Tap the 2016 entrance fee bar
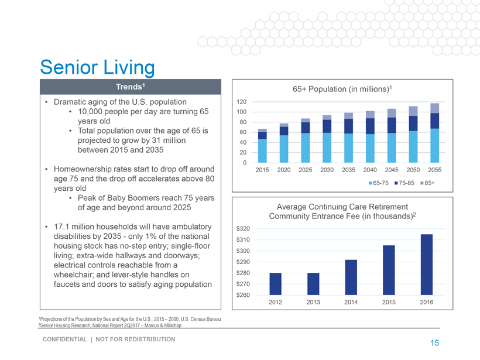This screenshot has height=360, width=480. click(427, 264)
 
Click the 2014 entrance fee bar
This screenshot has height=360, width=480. click(351, 277)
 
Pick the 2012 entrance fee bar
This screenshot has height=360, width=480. click(275, 283)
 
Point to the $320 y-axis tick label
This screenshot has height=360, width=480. click(244, 228)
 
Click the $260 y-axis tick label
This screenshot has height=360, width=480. click(244, 294)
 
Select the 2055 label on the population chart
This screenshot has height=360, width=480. click(434, 170)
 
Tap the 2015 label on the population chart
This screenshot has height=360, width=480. click(262, 170)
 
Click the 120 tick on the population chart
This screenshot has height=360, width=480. click(242, 102)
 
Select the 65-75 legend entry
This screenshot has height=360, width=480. click(381, 183)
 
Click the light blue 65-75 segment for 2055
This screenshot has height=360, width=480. click(434, 145)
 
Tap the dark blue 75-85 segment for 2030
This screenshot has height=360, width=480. click(327, 126)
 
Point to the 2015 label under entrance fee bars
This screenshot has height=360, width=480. click(389, 302)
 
